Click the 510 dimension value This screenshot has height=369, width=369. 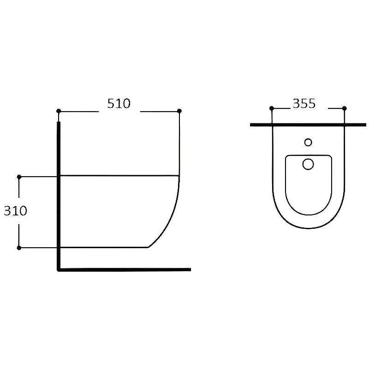(119, 103)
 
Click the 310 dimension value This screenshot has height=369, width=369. (16, 211)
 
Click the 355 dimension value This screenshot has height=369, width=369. (304, 103)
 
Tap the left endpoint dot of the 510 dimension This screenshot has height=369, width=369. (59, 111)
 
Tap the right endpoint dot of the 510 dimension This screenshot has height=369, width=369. (179, 111)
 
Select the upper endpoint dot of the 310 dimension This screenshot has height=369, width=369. (19, 177)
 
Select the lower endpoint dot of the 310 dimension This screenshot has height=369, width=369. (19, 248)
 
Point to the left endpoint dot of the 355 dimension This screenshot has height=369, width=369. (272, 108)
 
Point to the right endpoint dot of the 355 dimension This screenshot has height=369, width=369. (344, 108)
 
